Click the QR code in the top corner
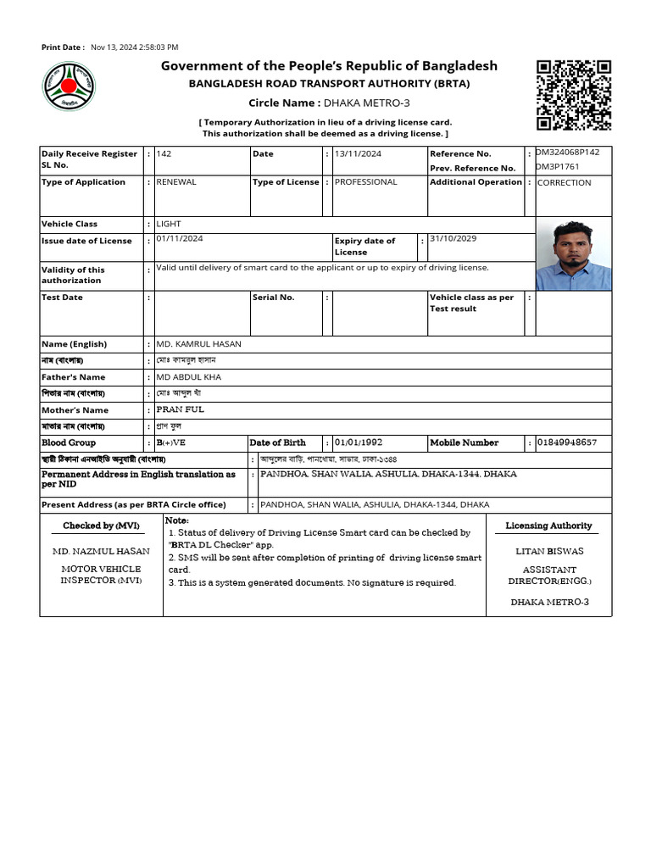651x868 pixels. [x=574, y=95]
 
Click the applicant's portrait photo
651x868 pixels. [x=574, y=255]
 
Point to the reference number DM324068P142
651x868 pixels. [x=568, y=153]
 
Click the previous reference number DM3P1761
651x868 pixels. [x=557, y=167]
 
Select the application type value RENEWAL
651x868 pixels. [x=176, y=182]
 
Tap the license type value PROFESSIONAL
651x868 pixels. [x=365, y=182]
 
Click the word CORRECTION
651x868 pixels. [x=565, y=183]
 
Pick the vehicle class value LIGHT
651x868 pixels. [x=169, y=225]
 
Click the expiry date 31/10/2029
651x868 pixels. [x=453, y=239]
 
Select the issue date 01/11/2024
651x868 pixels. [x=180, y=239]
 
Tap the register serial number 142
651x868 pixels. [x=164, y=154]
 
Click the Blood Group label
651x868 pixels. [x=69, y=442]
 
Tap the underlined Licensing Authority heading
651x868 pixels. [x=548, y=526]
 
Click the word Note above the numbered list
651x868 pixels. [x=176, y=520]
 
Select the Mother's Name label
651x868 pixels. [x=75, y=410]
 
